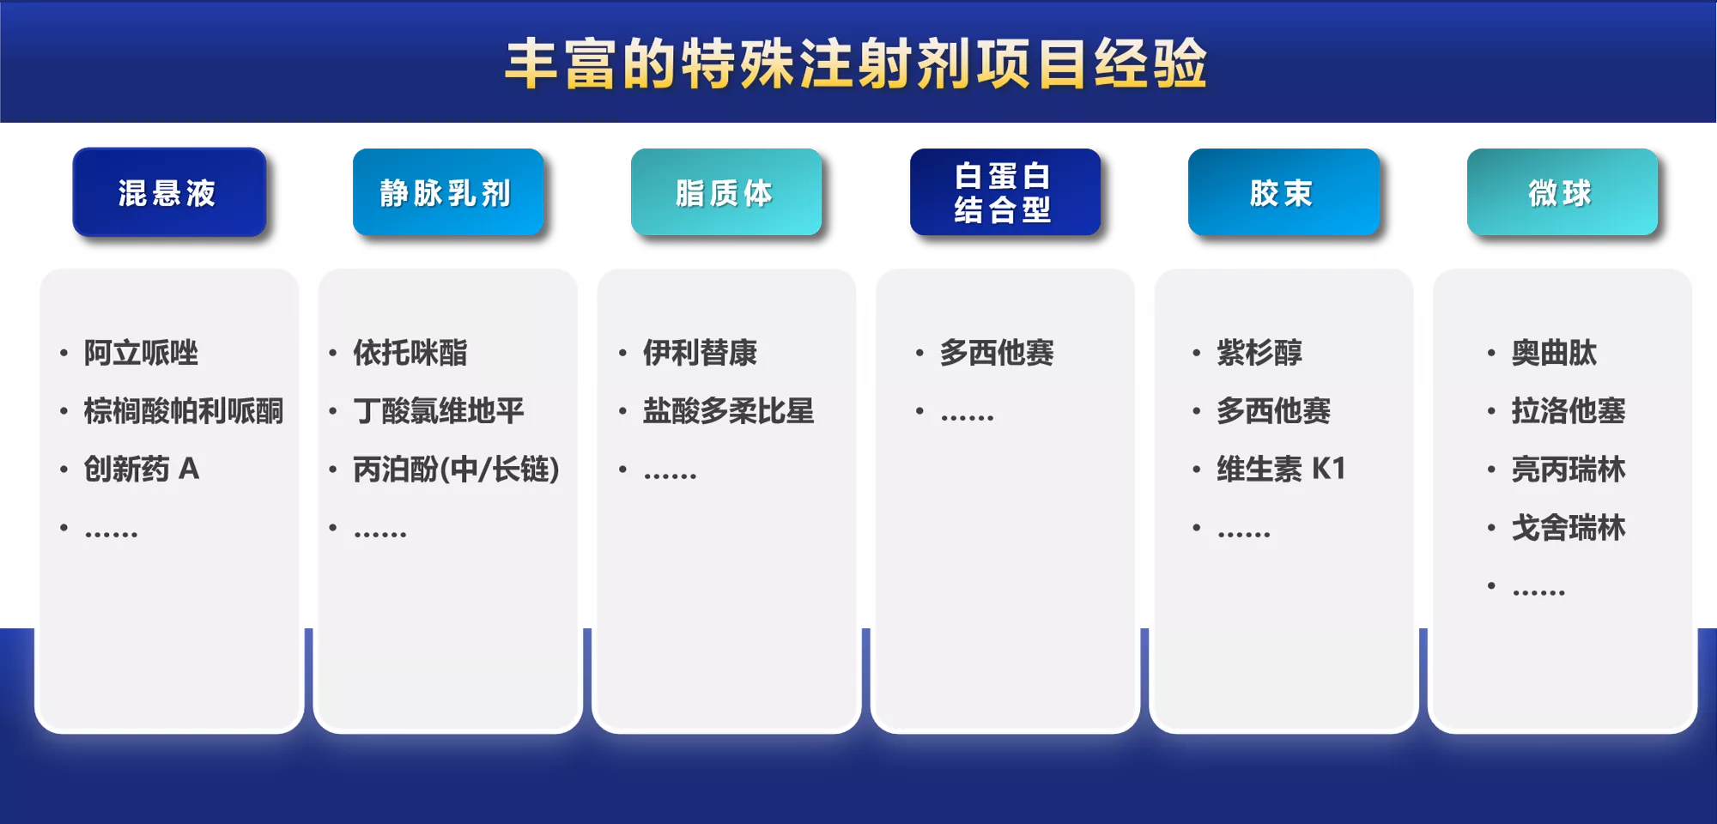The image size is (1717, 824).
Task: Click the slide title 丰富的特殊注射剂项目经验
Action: (856, 64)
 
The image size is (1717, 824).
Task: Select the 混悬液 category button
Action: (169, 192)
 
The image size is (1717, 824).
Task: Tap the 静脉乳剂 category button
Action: (448, 192)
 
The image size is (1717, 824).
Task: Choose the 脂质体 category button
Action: (726, 192)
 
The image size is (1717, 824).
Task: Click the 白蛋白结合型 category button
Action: (1005, 192)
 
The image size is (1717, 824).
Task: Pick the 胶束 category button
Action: (1283, 192)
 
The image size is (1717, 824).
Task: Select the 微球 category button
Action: (1562, 192)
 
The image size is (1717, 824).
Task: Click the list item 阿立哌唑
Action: (141, 353)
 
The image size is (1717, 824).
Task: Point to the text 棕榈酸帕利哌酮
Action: (183, 411)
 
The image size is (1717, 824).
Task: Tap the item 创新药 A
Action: (142, 470)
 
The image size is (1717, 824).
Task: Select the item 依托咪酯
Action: (410, 353)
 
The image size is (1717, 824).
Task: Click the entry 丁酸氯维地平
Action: (439, 411)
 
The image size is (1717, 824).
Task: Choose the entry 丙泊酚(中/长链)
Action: (456, 470)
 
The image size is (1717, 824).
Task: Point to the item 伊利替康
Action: (700, 353)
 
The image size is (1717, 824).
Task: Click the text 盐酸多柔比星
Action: (728, 411)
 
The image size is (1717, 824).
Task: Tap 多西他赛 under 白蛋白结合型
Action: (997, 353)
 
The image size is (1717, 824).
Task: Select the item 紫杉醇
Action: (1259, 353)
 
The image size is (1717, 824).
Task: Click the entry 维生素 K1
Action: (1281, 470)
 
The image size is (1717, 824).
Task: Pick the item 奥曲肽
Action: (1554, 353)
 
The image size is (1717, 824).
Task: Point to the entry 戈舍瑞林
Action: (1568, 528)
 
